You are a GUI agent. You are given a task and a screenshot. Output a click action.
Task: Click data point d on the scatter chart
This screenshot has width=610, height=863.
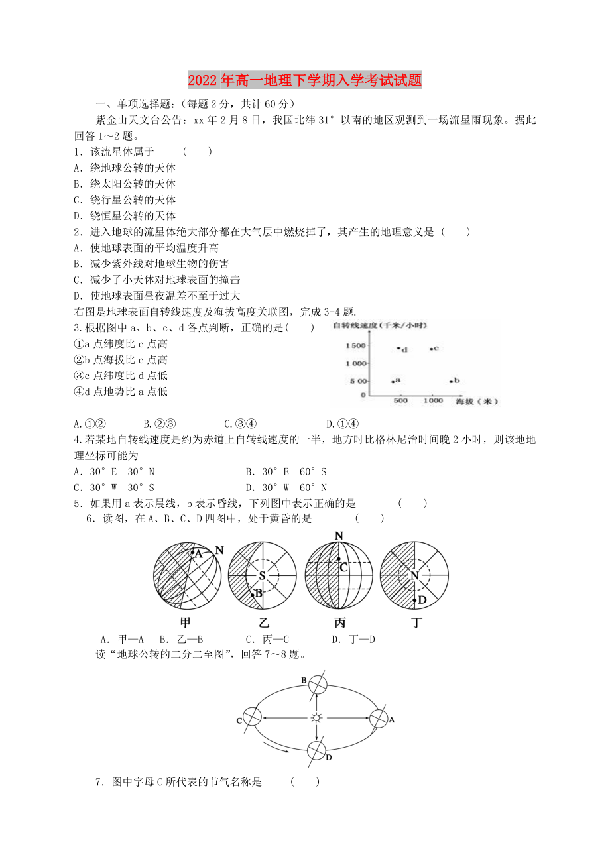398,348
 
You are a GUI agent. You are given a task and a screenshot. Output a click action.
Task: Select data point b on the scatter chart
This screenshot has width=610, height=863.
452,381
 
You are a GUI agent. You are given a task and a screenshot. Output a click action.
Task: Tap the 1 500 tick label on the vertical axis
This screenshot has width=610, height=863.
355,346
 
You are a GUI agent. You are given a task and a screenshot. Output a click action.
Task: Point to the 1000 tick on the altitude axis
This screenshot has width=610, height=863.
433,402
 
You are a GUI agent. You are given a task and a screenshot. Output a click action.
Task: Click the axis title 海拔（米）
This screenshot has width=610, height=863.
476,402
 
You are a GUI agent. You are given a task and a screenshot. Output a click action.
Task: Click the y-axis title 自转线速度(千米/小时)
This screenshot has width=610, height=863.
380,325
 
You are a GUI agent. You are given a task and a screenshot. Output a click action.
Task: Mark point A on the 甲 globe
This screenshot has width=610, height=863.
192,553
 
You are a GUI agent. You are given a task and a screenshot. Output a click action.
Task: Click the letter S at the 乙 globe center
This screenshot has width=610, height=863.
262,575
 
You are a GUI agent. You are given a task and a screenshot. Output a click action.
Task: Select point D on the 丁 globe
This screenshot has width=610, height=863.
415,599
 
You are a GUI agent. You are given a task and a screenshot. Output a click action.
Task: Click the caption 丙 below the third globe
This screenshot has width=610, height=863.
339,623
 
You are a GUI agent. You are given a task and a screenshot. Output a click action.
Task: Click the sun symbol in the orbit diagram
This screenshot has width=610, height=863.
318,718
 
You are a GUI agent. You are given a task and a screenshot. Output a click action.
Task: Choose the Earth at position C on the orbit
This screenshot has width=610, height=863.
252,717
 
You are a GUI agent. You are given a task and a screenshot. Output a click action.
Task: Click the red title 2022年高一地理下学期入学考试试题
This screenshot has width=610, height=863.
304,81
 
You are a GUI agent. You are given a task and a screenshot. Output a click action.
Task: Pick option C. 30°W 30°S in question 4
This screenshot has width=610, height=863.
114,488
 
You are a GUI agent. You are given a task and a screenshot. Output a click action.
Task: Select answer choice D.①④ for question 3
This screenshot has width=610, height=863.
340,424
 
